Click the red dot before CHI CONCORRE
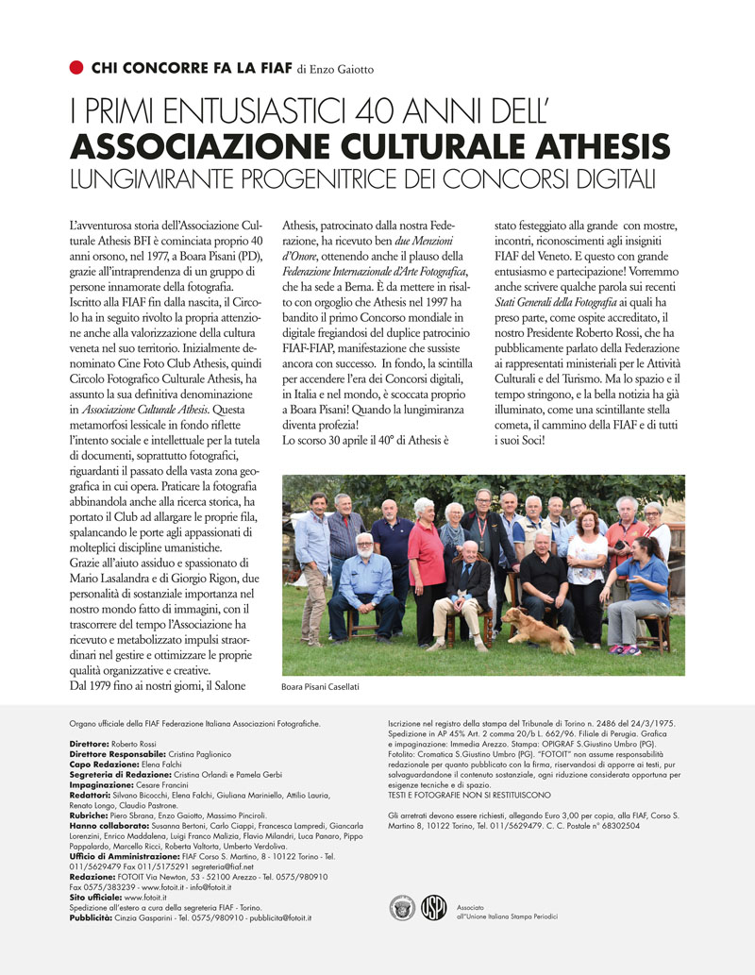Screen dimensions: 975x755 76,67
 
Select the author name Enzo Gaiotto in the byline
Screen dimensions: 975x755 344,69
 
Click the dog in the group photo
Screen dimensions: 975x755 538,629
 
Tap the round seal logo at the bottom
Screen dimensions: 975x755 402,908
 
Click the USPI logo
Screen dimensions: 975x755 433,908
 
